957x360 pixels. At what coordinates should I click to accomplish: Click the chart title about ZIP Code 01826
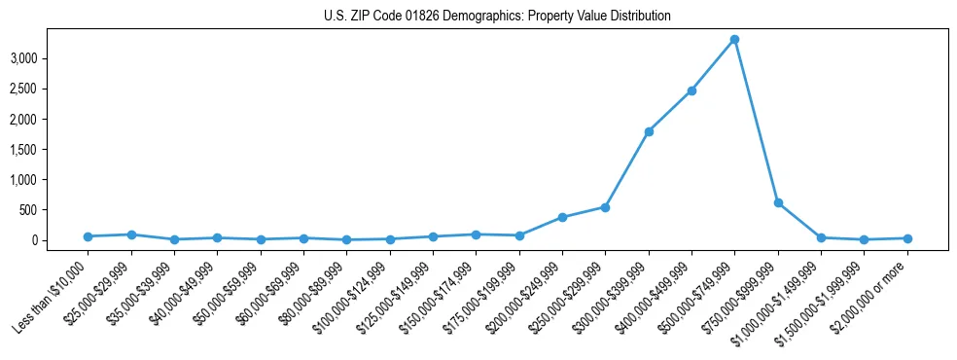tap(497, 17)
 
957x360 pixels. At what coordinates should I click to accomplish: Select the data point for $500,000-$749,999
tap(734, 40)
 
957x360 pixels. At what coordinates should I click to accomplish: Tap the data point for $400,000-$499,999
tap(691, 90)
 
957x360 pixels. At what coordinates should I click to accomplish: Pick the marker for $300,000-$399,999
tap(649, 131)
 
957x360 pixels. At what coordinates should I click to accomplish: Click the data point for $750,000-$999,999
tap(778, 202)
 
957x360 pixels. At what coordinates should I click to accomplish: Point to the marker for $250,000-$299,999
tap(605, 207)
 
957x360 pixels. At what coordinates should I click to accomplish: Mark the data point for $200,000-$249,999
tap(562, 217)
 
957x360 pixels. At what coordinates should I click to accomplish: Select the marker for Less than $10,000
tap(88, 236)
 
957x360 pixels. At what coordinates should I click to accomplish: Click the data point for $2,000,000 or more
tap(907, 238)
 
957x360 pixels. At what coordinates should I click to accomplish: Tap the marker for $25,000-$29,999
tap(131, 234)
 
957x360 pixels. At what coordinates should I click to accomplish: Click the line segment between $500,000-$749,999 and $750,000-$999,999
tap(757, 122)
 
